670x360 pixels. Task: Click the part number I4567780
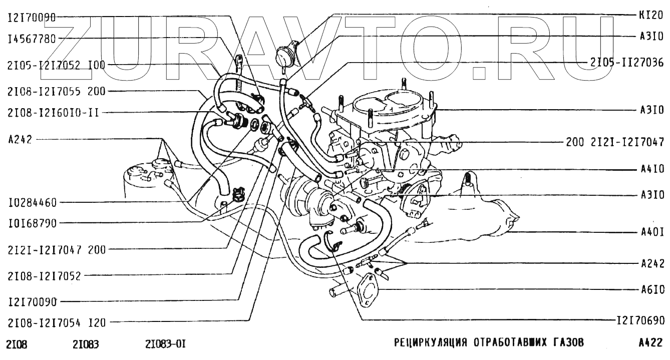pos(32,39)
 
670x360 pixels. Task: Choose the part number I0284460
pos(32,203)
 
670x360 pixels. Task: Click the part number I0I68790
pos(32,222)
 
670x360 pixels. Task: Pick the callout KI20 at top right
pos(651,15)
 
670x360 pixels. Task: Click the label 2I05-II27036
pos(628,63)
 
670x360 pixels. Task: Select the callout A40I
pos(651,232)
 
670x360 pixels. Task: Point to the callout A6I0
pos(651,289)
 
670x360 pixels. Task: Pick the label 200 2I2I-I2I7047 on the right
pos(615,142)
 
